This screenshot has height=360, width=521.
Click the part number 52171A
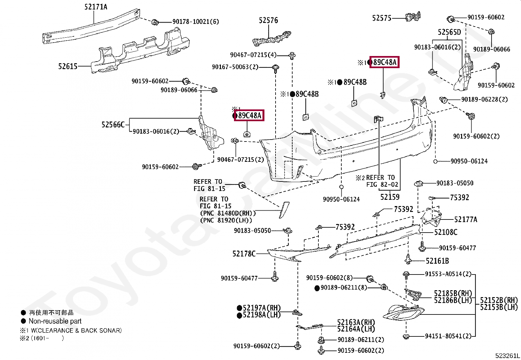coord(96,7)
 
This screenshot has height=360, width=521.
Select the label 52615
coord(68,66)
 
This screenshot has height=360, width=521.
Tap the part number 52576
coord(268,20)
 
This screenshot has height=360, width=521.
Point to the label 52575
coord(382,18)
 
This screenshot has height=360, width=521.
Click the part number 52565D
coord(449,32)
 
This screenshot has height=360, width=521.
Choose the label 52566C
coord(113,125)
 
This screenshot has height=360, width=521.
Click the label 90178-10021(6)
coord(196,22)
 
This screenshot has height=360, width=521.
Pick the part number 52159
coord(390,197)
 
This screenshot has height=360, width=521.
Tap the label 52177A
coord(466,219)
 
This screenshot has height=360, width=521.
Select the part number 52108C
coord(446,232)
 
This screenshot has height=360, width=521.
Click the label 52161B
coord(437,261)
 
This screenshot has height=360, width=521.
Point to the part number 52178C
coord(244,254)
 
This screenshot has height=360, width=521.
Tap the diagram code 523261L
coord(507,356)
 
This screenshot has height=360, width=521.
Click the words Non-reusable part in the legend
coord(55,321)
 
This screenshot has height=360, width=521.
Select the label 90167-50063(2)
coord(235,67)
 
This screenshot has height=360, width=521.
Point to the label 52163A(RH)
coord(356,322)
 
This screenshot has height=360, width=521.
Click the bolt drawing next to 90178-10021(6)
coord(155,22)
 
